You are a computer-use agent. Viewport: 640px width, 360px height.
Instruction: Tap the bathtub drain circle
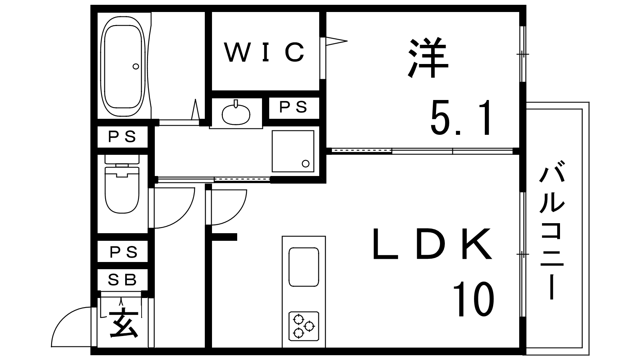pos(136,66)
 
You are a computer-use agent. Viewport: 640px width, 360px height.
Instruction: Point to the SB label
pos(122,280)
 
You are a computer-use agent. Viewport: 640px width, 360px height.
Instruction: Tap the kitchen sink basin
pos(304,267)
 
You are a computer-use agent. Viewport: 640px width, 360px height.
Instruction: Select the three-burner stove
pos(304,326)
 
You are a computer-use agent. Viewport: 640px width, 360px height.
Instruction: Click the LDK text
pos(432,244)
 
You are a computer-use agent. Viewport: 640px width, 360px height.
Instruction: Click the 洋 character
pos(428,57)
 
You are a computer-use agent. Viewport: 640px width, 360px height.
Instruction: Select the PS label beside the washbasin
pos(293,107)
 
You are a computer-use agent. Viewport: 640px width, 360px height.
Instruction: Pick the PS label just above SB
pos(124,252)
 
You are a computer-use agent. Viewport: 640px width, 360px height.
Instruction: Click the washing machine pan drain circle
pos(306,164)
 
